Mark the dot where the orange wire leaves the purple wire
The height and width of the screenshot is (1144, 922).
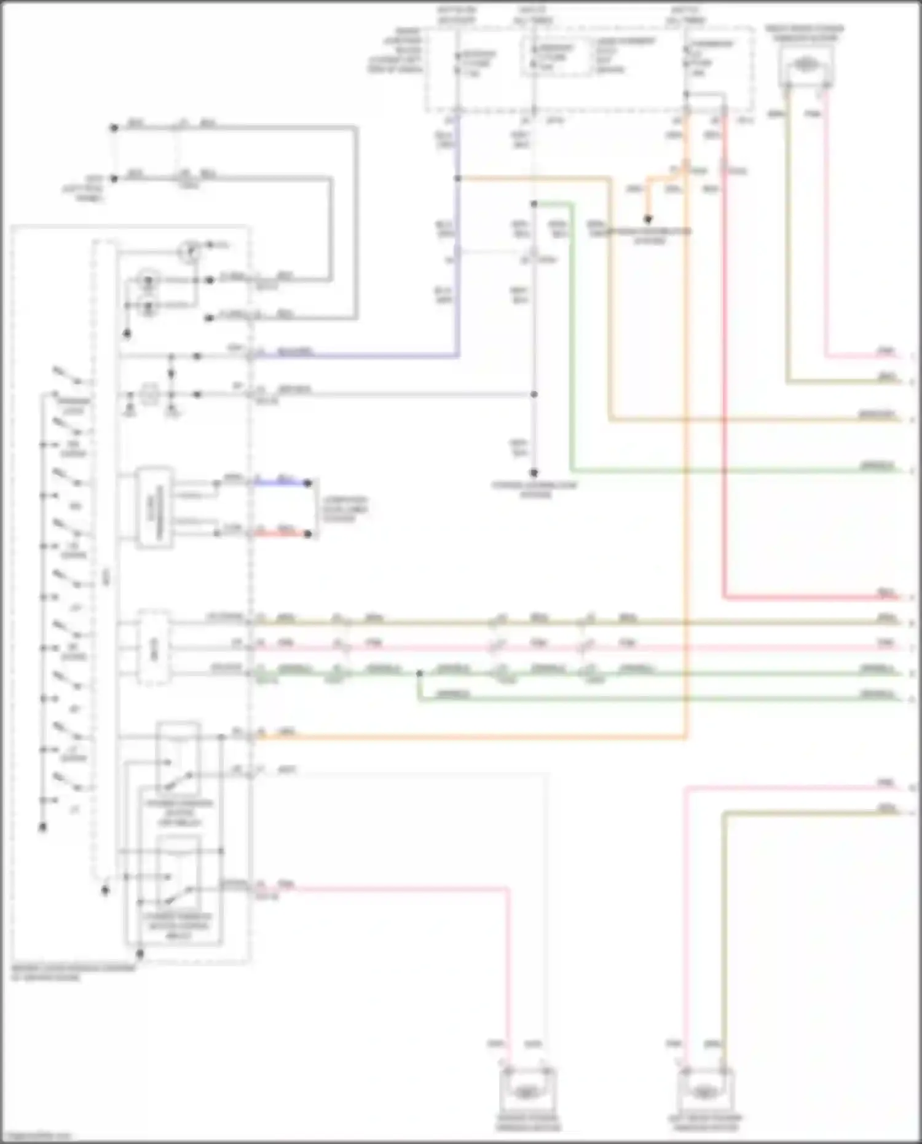point(457,178)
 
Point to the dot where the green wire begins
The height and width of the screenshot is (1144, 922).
point(534,203)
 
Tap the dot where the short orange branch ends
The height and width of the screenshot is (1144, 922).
point(648,219)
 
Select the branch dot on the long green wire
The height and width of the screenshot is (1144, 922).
point(419,674)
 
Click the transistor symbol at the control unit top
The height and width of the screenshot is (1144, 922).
point(190,250)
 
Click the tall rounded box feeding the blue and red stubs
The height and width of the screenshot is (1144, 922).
point(154,507)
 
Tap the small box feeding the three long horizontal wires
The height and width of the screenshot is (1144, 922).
point(154,647)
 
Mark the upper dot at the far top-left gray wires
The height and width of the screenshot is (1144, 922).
point(114,128)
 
